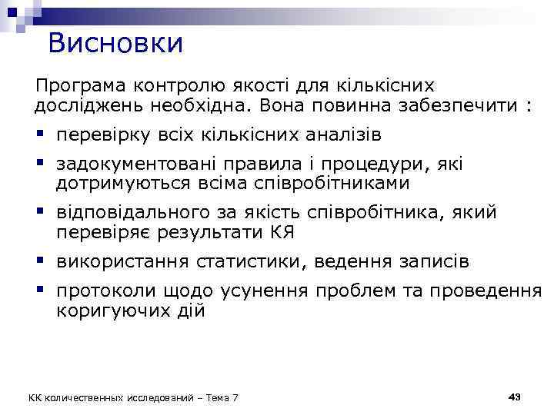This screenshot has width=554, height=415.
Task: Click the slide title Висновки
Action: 115,42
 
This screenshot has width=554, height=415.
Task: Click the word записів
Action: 429,262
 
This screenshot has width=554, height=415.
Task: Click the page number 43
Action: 515,396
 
